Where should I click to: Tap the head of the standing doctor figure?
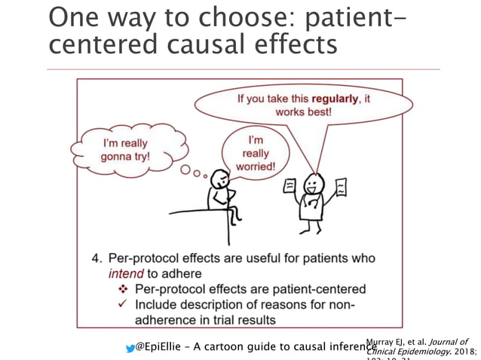pos(312,183)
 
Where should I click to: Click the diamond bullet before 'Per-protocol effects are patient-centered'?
pos(124,289)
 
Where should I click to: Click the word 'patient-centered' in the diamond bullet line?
pos(322,289)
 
